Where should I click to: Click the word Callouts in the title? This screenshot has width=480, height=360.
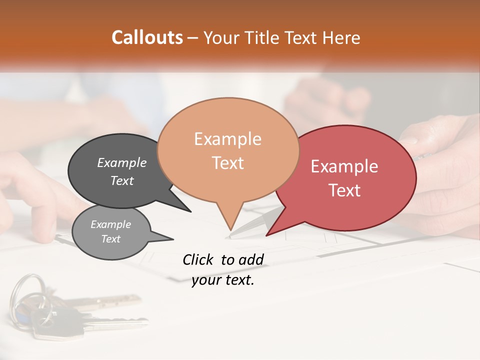pos(147,37)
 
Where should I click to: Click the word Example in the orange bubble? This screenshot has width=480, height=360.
pos(227,139)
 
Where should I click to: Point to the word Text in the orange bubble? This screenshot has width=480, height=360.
pos(227,162)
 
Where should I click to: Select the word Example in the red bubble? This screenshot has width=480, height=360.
pos(344,166)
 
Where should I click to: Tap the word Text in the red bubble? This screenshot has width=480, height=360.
pos(344,190)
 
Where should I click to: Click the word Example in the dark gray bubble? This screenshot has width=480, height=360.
pos(122,162)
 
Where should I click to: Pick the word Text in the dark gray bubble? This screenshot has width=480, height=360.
pos(122,180)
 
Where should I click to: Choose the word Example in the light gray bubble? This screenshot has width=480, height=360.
pos(110,224)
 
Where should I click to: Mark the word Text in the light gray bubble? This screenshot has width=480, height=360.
pos(110,239)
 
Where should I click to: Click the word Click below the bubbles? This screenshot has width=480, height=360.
pos(199,259)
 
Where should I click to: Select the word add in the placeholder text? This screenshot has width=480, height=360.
pos(251,259)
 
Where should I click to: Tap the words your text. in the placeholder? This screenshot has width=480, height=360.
pos(223,280)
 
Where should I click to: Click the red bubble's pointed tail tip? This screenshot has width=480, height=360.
pos(267,235)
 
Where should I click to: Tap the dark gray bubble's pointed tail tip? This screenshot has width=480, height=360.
pos(190,211)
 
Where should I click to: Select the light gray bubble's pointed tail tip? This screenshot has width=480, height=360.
pos(173,239)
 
